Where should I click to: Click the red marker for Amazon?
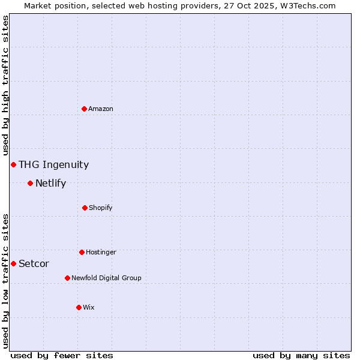click(x=84, y=109)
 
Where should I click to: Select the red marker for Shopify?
click(x=85, y=208)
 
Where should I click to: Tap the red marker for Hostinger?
click(x=82, y=252)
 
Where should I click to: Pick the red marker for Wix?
click(x=79, y=307)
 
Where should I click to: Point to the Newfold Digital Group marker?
click(x=67, y=278)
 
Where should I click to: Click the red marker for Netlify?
click(x=30, y=183)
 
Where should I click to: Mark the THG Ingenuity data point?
click(x=13, y=164)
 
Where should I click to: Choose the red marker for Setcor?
click(x=13, y=263)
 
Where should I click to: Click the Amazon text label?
click(x=101, y=109)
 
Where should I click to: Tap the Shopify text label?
click(x=101, y=208)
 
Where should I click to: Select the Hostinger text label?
click(x=101, y=252)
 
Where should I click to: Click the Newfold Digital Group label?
click(x=106, y=278)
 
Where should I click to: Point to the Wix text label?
click(x=89, y=307)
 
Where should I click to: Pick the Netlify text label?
click(x=50, y=183)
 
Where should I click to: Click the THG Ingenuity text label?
click(x=53, y=164)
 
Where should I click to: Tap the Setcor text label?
click(x=34, y=263)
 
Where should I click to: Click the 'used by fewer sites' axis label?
click(x=62, y=355)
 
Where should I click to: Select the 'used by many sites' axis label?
click(x=301, y=355)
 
